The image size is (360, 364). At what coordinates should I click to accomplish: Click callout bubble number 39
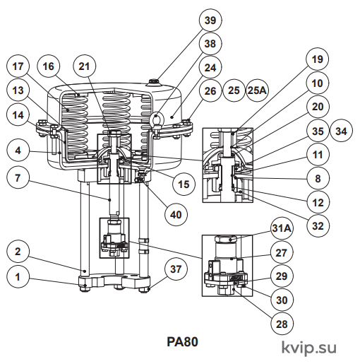pyautogui.click(x=210, y=20)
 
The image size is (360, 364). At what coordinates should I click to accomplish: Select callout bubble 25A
pyautogui.click(x=257, y=90)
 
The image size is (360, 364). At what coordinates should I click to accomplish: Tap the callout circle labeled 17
pyautogui.click(x=18, y=66)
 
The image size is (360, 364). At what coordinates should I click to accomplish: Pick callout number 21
pyautogui.click(x=84, y=66)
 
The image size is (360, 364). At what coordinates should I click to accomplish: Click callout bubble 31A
pyautogui.click(x=282, y=228)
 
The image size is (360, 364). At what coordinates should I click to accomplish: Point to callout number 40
pyautogui.click(x=176, y=215)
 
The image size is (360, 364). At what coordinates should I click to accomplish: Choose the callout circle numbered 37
pyautogui.click(x=176, y=269)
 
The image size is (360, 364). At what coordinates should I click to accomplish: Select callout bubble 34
pyautogui.click(x=342, y=131)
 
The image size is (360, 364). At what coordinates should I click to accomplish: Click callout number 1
pyautogui.click(x=18, y=276)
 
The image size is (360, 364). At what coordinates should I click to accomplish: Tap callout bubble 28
pyautogui.click(x=282, y=324)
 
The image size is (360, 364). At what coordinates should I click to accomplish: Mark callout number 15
pyautogui.click(x=184, y=184)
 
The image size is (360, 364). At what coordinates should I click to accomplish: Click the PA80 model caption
pyautogui.click(x=182, y=342)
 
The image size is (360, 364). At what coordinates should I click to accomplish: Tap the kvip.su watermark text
pyautogui.click(x=309, y=348)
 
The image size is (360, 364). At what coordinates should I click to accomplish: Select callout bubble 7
pyautogui.click(x=18, y=178)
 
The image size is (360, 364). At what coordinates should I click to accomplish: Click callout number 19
pyautogui.click(x=318, y=59)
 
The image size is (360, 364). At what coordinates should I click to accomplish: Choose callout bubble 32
pyautogui.click(x=318, y=226)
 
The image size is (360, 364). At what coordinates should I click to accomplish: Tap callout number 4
pyautogui.click(x=18, y=151)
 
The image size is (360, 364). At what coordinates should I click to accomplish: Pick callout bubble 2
pyautogui.click(x=18, y=252)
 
